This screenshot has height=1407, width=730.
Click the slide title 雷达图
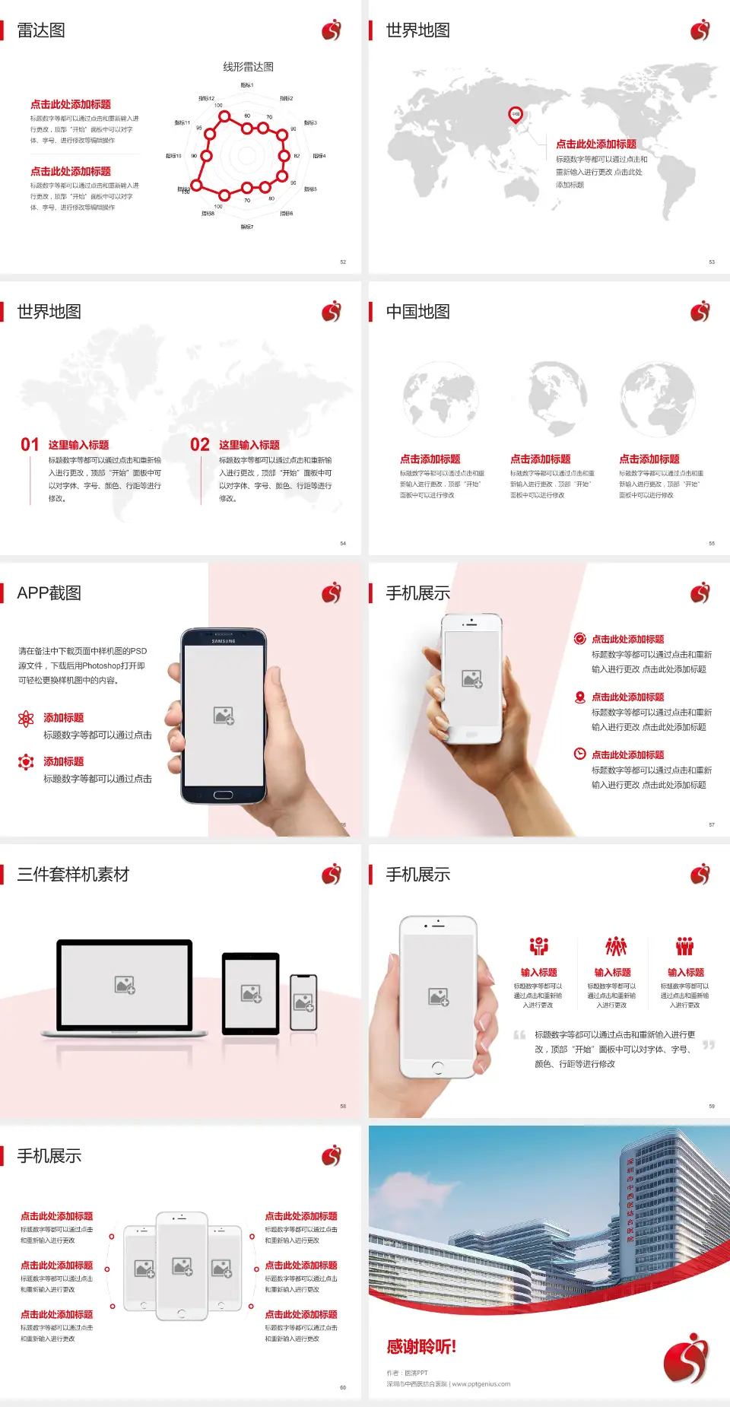click(41, 30)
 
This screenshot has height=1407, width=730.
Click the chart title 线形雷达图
click(248, 67)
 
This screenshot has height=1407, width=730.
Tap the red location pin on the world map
click(516, 115)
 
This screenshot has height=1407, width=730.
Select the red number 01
click(30, 445)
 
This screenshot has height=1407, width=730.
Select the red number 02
click(200, 445)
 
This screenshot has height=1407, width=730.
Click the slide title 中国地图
click(417, 312)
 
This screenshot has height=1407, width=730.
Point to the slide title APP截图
click(49, 593)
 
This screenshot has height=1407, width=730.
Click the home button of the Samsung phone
click(223, 795)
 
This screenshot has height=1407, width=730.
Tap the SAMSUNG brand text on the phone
click(224, 641)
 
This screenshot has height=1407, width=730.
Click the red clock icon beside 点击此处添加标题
click(579, 754)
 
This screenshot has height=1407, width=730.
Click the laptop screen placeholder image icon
click(125, 985)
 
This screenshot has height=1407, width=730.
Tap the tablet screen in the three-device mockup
click(251, 992)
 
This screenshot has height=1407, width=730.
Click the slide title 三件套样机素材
click(73, 875)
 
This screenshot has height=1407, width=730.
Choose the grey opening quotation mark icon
click(519, 1035)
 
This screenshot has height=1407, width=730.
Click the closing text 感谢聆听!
click(421, 1347)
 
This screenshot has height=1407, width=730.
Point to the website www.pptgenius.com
click(481, 1384)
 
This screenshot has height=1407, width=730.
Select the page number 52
click(343, 262)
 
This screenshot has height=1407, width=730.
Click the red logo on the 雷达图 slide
click(332, 30)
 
